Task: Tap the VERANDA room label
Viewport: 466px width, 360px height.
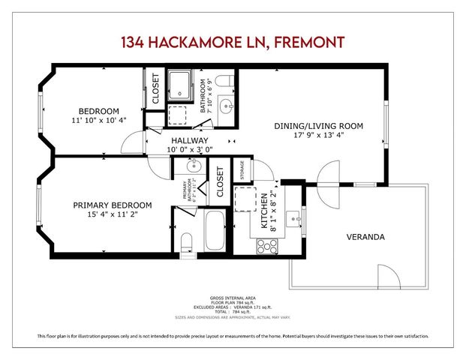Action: pyautogui.click(x=365, y=237)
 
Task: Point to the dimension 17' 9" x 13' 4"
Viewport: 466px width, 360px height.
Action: pyautogui.click(x=328, y=136)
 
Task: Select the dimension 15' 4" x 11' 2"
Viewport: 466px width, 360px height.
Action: pyautogui.click(x=112, y=214)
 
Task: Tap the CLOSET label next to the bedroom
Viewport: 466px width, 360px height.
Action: pyautogui.click(x=156, y=88)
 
